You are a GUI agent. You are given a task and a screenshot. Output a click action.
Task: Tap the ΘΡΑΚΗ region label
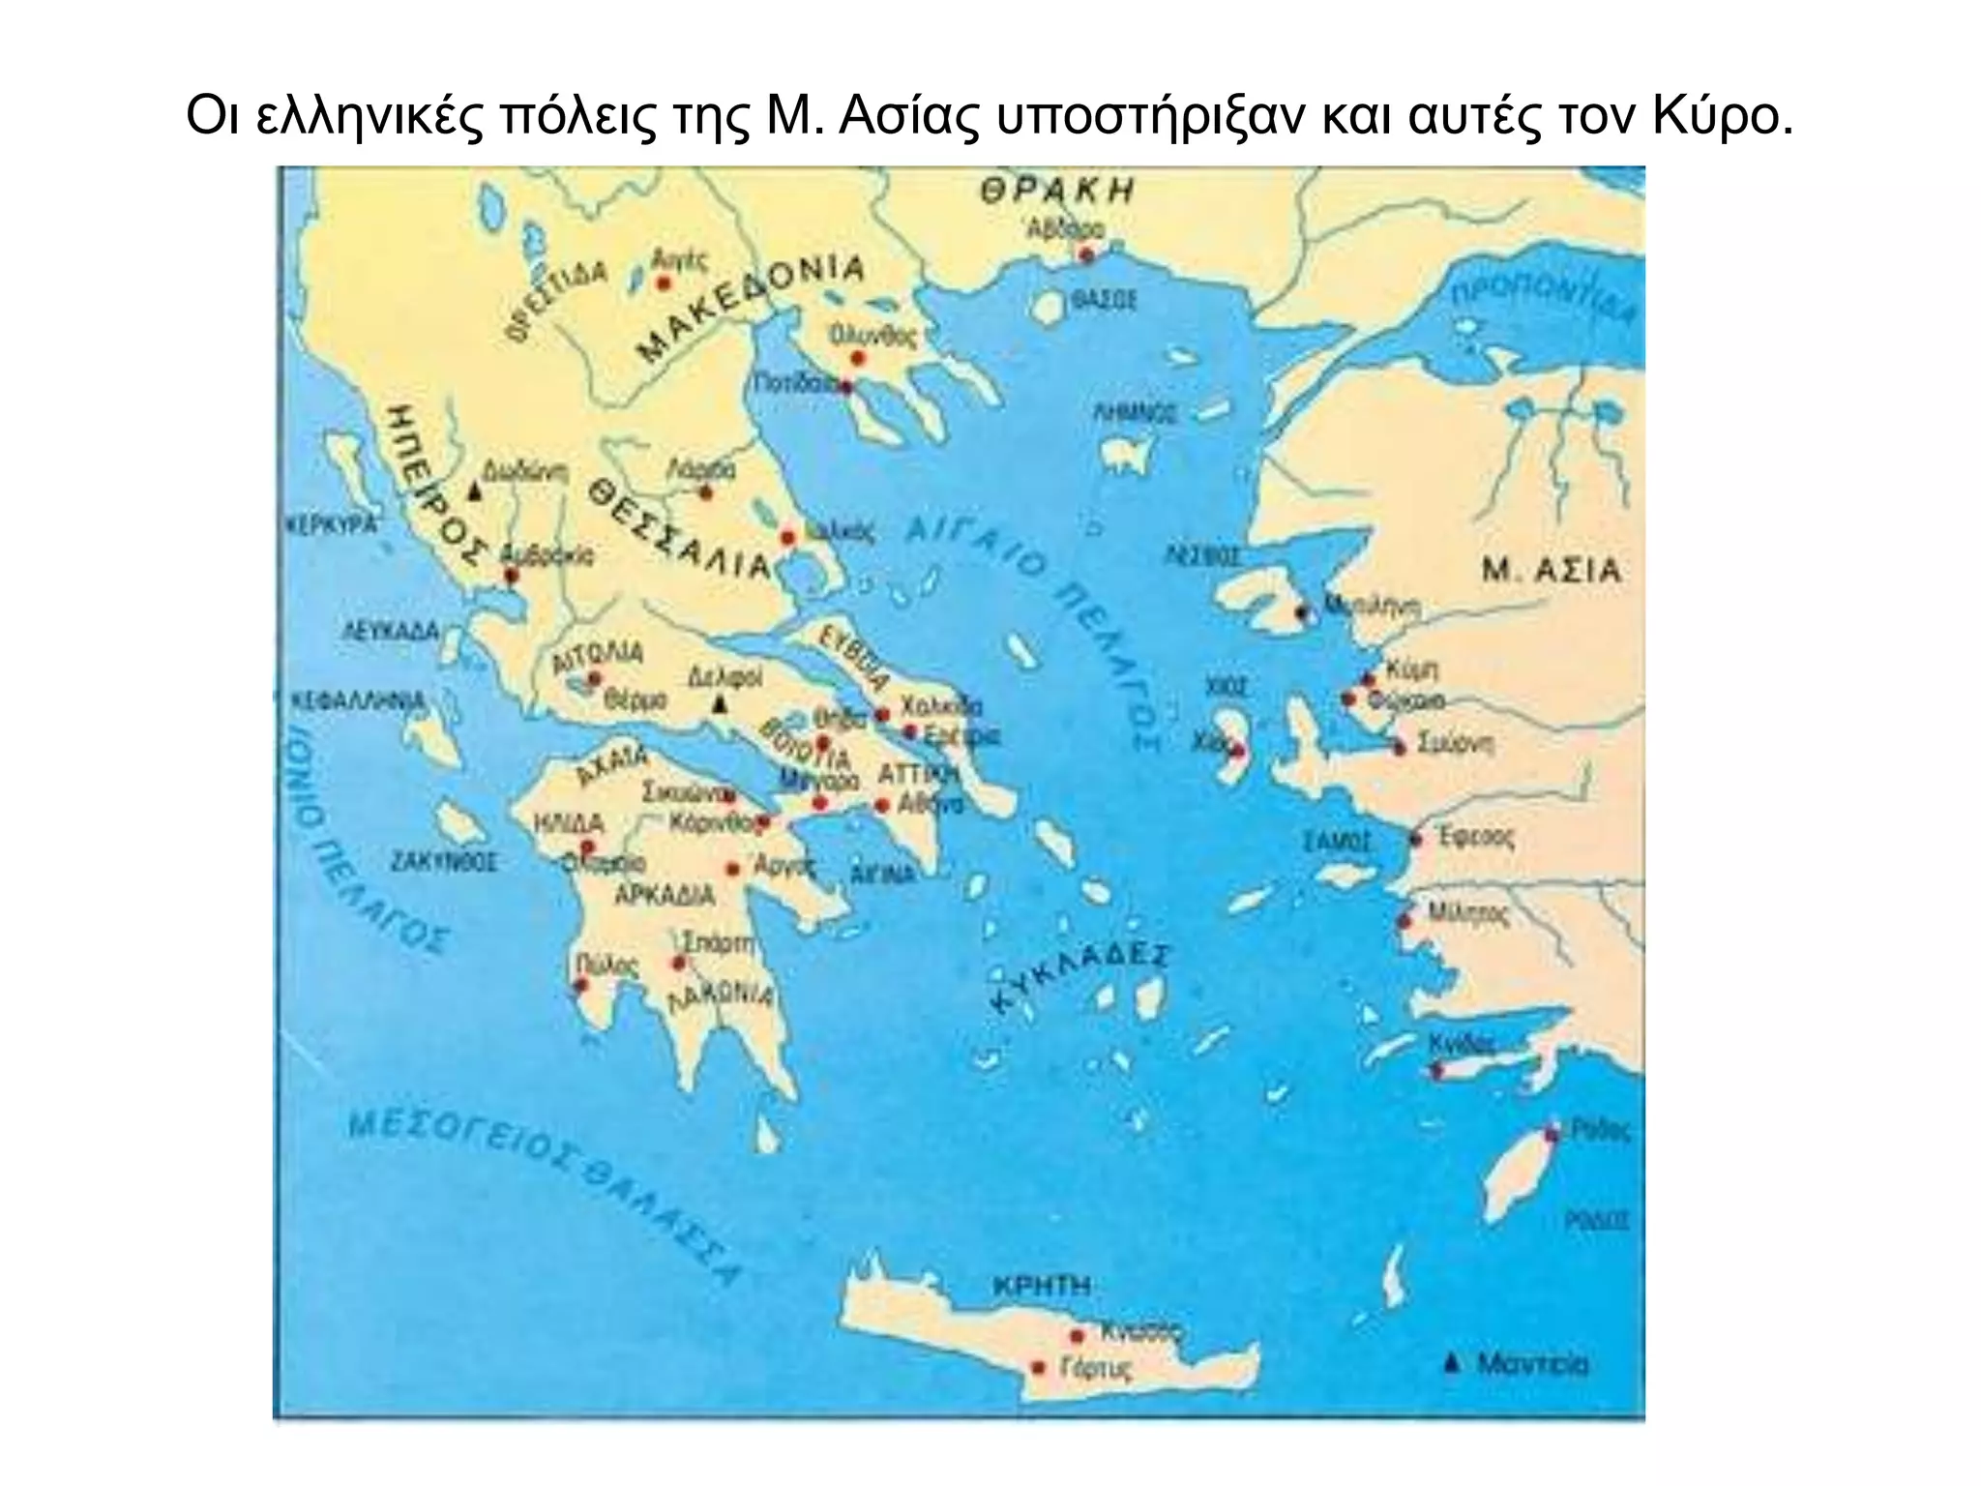(x=1056, y=191)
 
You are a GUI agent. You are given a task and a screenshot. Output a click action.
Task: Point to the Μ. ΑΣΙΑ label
(x=1552, y=570)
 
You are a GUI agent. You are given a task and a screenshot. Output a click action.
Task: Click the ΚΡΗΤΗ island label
(x=1042, y=1286)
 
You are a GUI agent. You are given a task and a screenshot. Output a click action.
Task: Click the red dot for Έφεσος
(x=1416, y=839)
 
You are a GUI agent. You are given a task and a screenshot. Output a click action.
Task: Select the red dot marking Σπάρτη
(x=678, y=963)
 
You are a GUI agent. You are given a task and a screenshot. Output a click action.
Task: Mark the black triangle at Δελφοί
(x=719, y=705)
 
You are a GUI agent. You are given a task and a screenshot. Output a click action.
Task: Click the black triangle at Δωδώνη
(x=474, y=491)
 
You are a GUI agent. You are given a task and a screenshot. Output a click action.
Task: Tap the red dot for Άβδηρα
(x=1085, y=255)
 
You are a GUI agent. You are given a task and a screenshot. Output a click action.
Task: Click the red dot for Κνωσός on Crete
(x=1076, y=1336)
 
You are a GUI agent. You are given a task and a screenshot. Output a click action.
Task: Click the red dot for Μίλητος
(x=1405, y=921)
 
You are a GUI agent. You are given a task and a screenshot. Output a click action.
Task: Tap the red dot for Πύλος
(x=580, y=986)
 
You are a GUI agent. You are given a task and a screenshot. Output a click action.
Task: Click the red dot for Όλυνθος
(x=857, y=358)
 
